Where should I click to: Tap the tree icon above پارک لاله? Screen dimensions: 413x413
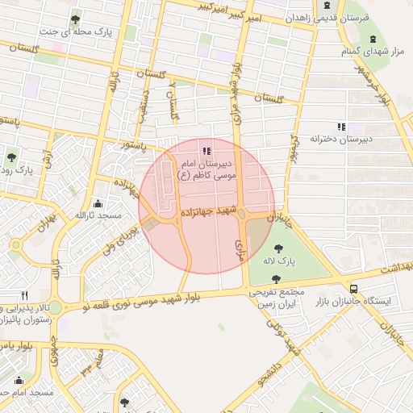pyautogui.click(x=279, y=248)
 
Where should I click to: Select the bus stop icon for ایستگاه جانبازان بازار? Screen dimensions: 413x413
pyautogui.click(x=354, y=288)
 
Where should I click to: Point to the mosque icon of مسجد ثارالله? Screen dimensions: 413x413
pyautogui.click(x=98, y=203)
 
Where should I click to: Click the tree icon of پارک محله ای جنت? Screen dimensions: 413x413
pyautogui.click(x=75, y=19)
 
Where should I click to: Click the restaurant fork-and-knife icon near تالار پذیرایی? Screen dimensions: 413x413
pyautogui.click(x=25, y=296)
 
